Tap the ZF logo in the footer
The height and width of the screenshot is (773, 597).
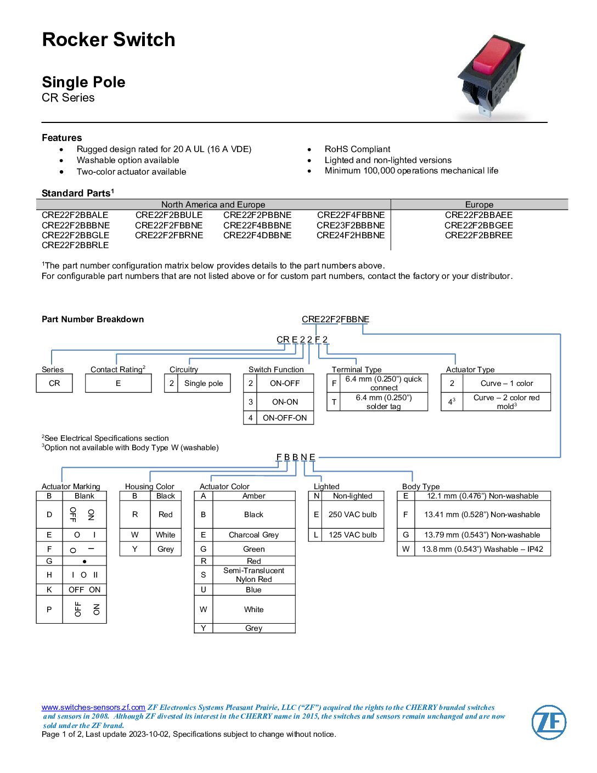549,722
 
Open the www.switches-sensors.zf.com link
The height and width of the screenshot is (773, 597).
93,707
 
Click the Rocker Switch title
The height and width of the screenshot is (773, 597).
109,40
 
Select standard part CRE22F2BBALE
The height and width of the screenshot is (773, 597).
75,215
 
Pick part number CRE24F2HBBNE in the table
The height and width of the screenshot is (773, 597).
351,235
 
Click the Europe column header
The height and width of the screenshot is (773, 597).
479,204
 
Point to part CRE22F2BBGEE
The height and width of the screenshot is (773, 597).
478,225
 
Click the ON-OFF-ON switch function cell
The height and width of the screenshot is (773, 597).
285,418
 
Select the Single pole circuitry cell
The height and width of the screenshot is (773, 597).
204,383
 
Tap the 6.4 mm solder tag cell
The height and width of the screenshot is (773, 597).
384,402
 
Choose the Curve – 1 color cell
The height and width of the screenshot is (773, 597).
506,383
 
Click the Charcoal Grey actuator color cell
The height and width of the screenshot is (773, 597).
254,535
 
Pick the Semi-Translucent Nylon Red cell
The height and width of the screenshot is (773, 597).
254,575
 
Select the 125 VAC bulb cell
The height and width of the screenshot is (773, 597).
352,535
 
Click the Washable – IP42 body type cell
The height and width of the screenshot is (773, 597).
482,549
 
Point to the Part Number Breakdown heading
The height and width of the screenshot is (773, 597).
93,319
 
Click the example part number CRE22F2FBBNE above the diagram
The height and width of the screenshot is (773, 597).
335,319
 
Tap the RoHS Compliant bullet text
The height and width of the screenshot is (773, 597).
357,149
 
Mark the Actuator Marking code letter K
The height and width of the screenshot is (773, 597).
49,590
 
